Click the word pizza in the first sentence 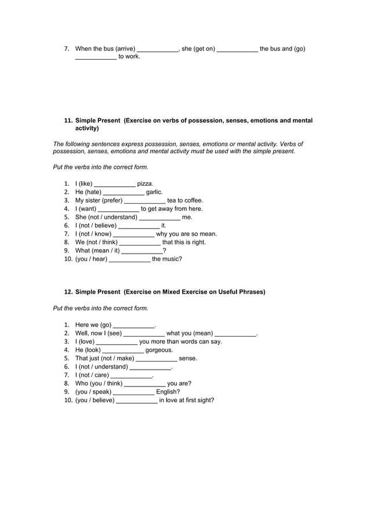[x=145, y=184]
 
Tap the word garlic [x=154, y=192]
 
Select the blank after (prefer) [x=145, y=201]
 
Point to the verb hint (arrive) [x=126, y=49]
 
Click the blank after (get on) [x=237, y=49]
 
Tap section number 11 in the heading [x=68, y=121]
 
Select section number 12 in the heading [x=68, y=292]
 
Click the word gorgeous [x=159, y=350]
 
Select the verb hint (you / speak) [x=93, y=392]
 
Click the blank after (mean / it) [x=142, y=251]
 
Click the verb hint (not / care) [x=92, y=375]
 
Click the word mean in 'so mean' [x=206, y=234]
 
